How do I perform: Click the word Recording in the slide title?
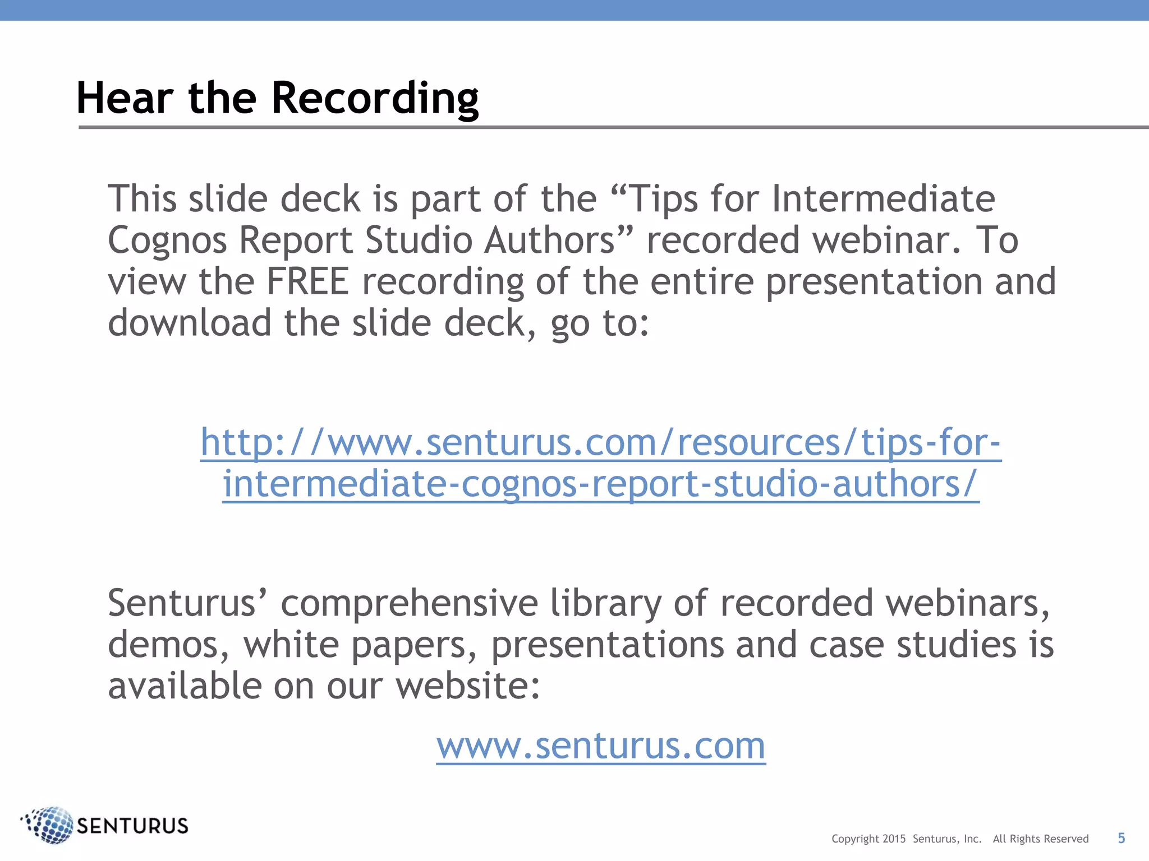point(375,98)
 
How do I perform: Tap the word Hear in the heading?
point(125,98)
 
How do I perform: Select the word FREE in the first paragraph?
point(307,281)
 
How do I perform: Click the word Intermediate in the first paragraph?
point(883,199)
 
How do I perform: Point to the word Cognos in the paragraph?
point(167,240)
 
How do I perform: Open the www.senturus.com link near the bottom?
point(601,746)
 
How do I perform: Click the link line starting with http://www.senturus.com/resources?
point(601,442)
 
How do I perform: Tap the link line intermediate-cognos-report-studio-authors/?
point(601,484)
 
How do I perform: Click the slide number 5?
point(1121,838)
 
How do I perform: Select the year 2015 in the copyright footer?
point(894,839)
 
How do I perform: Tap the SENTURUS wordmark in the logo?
point(132,826)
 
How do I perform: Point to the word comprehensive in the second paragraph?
point(409,603)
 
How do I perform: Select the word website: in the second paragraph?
point(468,686)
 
